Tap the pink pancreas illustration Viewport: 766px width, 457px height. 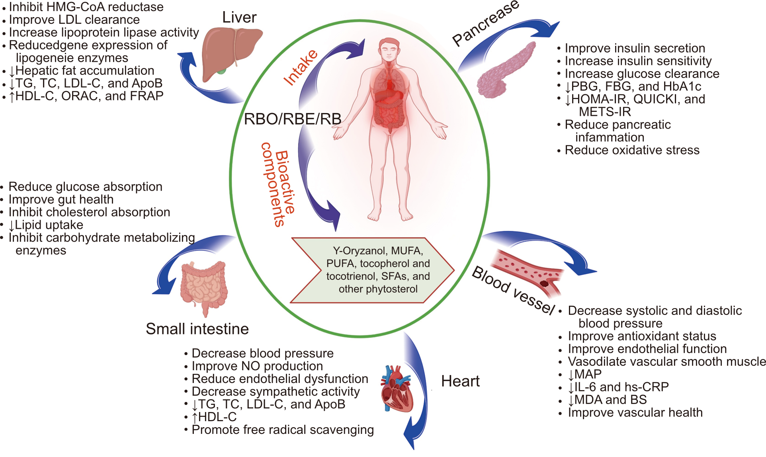(x=504, y=72)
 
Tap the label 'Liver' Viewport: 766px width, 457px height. (x=239, y=18)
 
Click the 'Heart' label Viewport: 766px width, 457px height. (x=460, y=381)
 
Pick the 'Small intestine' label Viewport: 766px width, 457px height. (x=197, y=329)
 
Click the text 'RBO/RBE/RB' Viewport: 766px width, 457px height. (x=293, y=119)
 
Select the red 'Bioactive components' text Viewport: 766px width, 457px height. (x=279, y=184)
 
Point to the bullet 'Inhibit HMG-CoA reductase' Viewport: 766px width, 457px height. (x=86, y=7)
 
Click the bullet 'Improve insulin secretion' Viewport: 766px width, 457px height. (x=635, y=48)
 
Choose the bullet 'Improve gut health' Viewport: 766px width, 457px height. (x=61, y=199)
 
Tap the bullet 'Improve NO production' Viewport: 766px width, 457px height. (x=257, y=366)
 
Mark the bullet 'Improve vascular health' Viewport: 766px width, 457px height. (x=635, y=412)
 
